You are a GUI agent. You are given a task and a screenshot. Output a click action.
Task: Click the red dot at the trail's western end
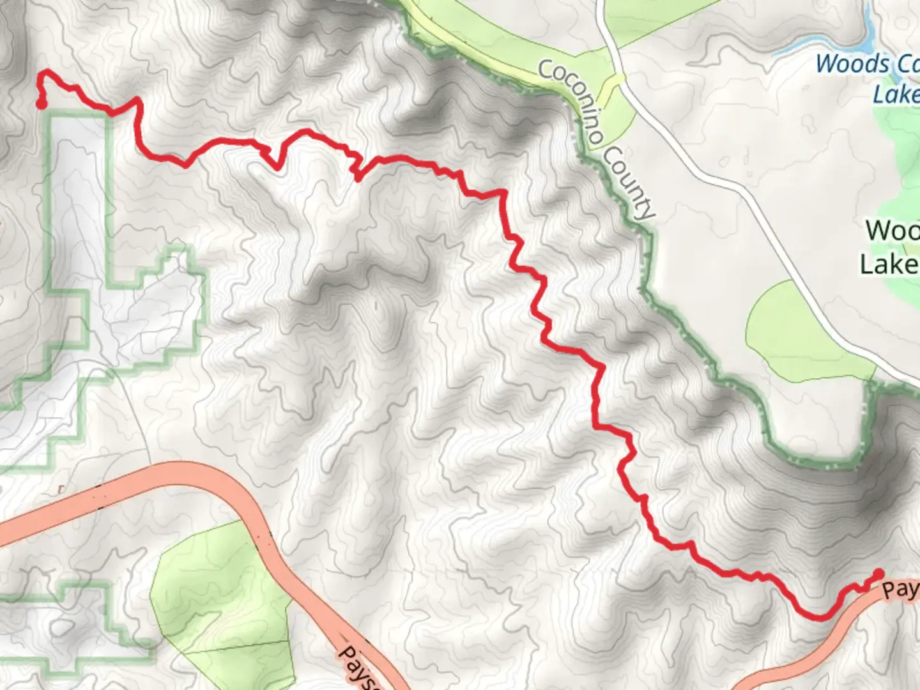point(42,103)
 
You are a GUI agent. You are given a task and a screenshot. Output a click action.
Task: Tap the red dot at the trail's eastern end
point(878,574)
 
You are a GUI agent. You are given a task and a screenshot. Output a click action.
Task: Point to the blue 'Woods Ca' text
point(866,65)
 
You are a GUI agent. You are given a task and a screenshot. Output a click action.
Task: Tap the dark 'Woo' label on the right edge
point(892,231)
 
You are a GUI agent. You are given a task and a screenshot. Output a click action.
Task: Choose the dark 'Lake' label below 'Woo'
point(889,264)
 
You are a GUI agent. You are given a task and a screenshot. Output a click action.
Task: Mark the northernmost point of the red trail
point(45,72)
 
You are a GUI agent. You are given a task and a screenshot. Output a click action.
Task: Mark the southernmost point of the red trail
point(819,617)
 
